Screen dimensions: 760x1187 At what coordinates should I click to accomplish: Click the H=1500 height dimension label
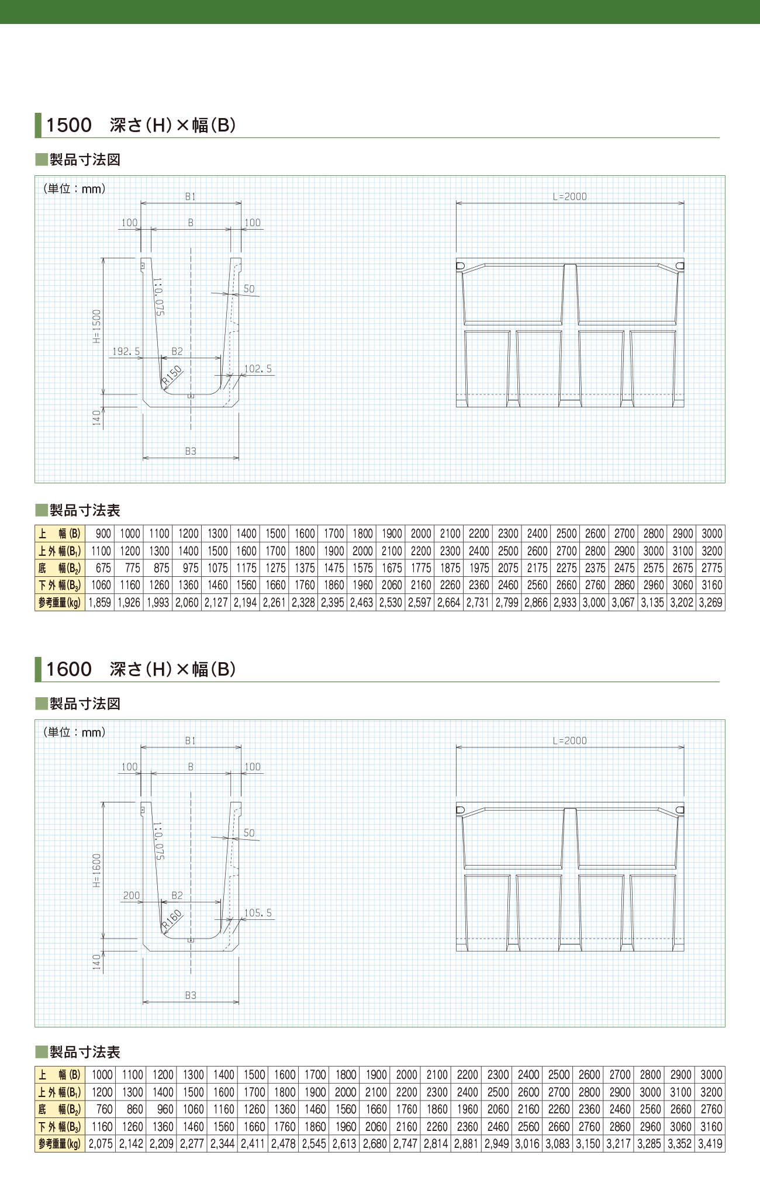[97, 326]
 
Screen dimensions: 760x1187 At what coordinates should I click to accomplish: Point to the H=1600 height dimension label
[97, 870]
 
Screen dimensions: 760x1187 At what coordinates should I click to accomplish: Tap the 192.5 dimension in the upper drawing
[126, 351]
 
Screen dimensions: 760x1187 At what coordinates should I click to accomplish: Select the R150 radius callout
[172, 375]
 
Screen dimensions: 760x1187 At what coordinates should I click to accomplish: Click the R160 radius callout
[172, 919]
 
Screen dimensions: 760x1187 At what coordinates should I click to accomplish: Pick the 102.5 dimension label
[258, 369]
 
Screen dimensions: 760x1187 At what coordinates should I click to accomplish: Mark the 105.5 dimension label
[258, 913]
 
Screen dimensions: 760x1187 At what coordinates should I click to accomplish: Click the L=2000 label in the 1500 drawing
[570, 197]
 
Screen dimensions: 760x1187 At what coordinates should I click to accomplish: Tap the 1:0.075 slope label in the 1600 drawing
[158, 841]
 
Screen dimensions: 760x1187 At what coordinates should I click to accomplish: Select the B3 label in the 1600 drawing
[191, 995]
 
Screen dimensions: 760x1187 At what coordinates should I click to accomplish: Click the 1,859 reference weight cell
[100, 603]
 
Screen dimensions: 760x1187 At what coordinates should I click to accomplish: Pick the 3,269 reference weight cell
[711, 603]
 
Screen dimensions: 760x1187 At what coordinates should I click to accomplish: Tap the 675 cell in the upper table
[103, 568]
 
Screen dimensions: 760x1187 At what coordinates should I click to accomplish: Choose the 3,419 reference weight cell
[710, 1144]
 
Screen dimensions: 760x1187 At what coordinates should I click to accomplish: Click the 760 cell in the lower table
[105, 1109]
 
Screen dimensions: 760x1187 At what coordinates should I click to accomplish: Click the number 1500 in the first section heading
[69, 125]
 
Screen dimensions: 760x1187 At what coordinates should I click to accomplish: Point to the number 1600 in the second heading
[69, 669]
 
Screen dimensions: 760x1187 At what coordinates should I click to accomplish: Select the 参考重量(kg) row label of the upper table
[60, 603]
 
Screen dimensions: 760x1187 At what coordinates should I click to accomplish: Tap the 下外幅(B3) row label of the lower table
[60, 1127]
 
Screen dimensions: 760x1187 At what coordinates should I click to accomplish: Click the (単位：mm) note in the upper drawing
[74, 189]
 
